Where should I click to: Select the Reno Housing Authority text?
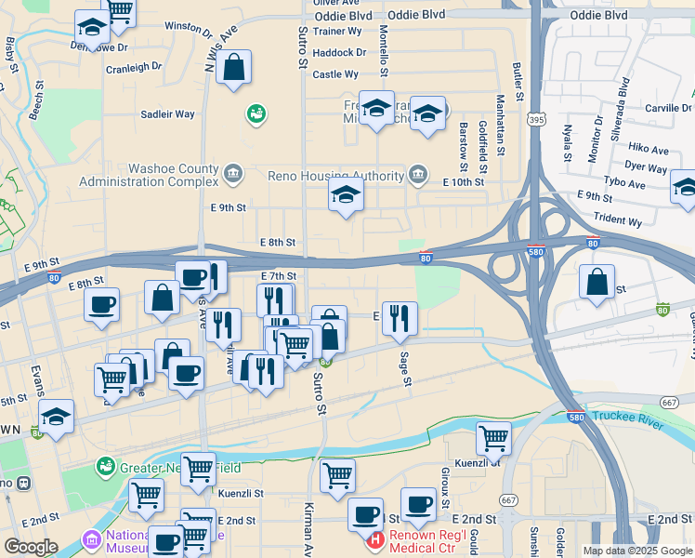coord(336,175)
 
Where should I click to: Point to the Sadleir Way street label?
coord(167,114)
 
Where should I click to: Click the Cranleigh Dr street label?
coord(134,67)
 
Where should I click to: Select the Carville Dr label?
coord(668,109)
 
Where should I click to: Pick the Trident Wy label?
coord(623,222)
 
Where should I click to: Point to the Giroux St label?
coord(445,482)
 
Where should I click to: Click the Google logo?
coord(31,547)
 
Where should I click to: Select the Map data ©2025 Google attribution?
coord(636,551)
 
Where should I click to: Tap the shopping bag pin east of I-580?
coord(597,283)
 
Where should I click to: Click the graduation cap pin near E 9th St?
coord(346,196)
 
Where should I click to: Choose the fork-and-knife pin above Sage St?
coord(400,318)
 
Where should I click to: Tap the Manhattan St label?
coord(500,124)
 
